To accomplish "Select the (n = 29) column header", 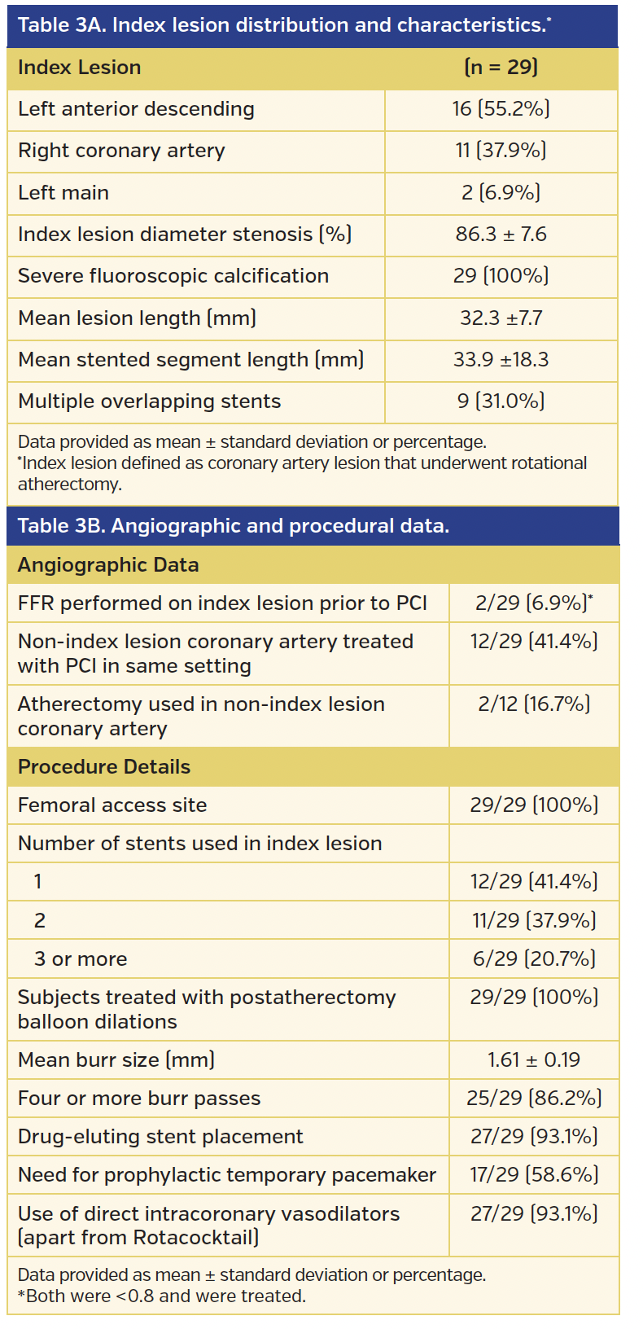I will pos(501,68).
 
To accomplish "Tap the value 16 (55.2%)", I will pos(501,109).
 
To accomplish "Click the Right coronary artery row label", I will pos(121,151).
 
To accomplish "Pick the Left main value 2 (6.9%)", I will pos(501,193).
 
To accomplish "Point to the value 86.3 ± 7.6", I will pos(501,235).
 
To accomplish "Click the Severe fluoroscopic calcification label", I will pos(173,276).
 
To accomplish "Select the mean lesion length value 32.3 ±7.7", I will pos(501,318).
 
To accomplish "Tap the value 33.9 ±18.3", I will pos(501,360).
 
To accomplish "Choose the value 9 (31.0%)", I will pos(501,401).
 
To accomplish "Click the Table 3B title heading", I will pos(234,526).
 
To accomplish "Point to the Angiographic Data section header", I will pos(108,565).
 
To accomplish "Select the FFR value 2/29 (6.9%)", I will pos(533,603).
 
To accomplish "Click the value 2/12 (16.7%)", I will pos(534,704).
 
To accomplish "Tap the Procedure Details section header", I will pos(104,767).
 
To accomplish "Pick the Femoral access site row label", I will pos(112,805).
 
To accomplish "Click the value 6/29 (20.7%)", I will pos(534,959).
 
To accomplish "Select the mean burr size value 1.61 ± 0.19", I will pos(534,1060).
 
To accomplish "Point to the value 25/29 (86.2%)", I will pos(534,1099).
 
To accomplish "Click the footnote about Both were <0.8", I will pos(162,1296).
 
